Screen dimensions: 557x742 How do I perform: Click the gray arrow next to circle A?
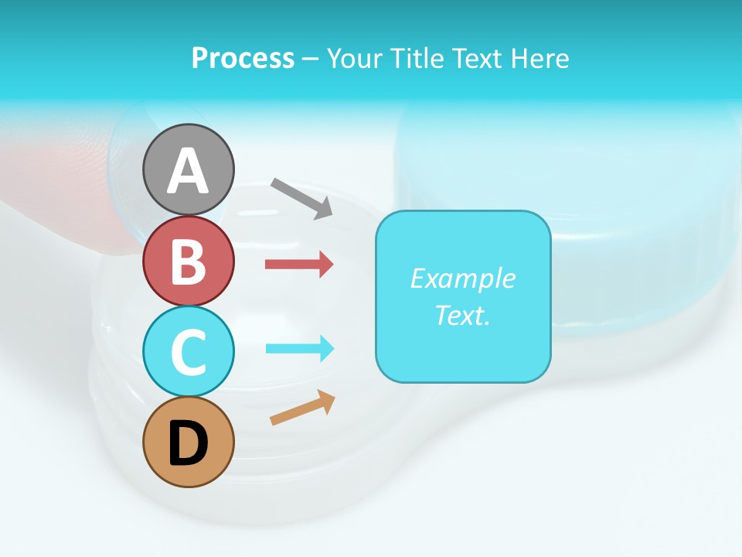coord(301,198)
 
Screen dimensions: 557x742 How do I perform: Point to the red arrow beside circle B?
coord(299,265)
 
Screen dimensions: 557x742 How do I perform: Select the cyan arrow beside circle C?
coord(299,348)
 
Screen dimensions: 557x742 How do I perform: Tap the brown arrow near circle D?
coord(302,408)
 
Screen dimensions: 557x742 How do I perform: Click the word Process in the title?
coord(243,59)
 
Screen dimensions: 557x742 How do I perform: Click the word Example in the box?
coord(462,278)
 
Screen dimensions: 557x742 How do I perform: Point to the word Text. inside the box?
coord(462,315)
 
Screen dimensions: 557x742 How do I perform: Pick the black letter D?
coord(188,444)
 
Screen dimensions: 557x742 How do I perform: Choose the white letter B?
coord(188,261)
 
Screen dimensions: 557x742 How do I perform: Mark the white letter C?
coord(188,352)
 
